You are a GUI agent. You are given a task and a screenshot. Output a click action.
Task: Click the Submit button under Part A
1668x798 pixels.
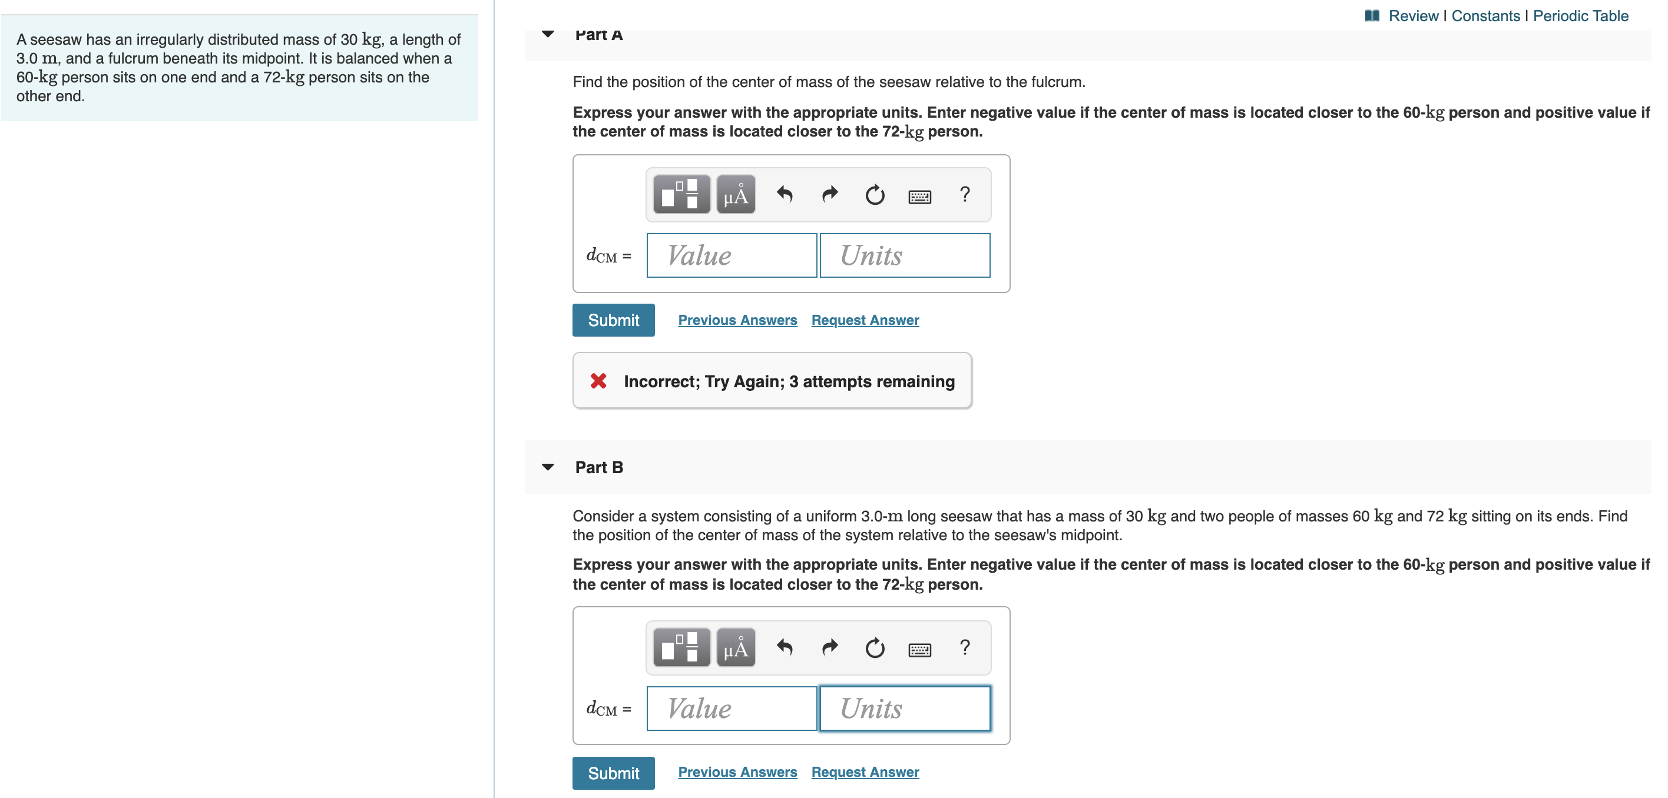pos(613,320)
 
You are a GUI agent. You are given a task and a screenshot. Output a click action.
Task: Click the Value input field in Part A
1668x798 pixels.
pos(731,255)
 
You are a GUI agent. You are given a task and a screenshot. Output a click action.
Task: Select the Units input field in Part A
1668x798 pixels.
pos(904,255)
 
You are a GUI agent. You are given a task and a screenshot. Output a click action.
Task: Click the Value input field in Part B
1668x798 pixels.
pos(731,708)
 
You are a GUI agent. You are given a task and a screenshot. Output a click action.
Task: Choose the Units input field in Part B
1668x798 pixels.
pos(904,708)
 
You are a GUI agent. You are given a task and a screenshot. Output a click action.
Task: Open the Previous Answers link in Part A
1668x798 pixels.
pos(737,320)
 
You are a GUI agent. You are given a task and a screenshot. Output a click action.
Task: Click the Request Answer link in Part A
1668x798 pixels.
pos(865,320)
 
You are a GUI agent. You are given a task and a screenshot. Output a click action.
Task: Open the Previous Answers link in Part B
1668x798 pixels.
pos(737,772)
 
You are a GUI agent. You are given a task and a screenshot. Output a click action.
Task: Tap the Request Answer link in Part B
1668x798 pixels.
pos(865,772)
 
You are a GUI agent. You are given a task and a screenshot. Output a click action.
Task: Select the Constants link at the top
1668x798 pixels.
pos(1485,15)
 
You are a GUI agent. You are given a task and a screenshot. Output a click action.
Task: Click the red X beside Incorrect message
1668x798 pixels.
pos(598,381)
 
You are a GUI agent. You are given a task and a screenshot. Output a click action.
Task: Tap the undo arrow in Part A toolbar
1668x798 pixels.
pos(784,194)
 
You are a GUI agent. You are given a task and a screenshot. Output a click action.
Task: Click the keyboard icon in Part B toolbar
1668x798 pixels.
pos(919,649)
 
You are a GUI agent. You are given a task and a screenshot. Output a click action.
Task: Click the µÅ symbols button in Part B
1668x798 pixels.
pos(736,647)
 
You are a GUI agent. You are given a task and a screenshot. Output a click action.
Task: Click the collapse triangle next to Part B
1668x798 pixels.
pos(548,467)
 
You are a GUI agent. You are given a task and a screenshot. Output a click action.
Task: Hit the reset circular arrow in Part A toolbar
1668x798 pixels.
pos(874,194)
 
